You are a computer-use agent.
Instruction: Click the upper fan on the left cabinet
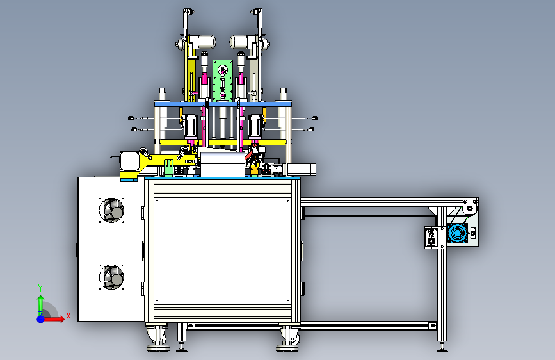click(111, 211)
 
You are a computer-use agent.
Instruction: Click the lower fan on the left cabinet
click(111, 277)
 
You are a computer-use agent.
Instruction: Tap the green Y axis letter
click(40, 288)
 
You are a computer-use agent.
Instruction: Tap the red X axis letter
click(68, 316)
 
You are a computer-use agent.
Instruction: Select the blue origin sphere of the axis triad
click(41, 319)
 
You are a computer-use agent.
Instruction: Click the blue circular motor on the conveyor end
click(457, 233)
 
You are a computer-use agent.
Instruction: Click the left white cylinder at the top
click(205, 42)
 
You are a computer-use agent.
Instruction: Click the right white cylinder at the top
click(239, 42)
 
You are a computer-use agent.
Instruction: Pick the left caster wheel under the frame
click(157, 338)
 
